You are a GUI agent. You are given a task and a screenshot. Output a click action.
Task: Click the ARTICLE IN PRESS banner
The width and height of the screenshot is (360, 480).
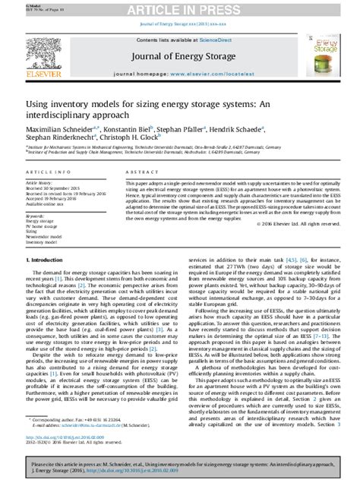tap(181, 8)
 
